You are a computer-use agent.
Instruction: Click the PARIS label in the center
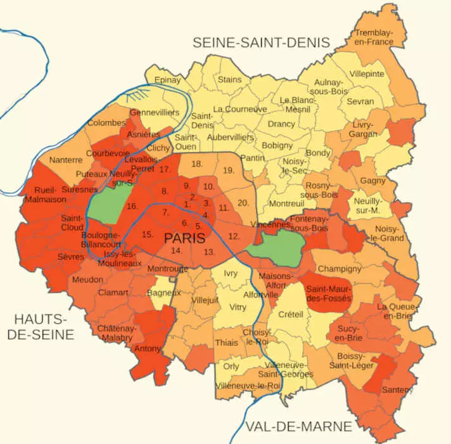184,238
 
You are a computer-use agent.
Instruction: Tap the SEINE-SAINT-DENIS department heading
262,42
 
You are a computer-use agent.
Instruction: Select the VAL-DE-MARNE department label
298,425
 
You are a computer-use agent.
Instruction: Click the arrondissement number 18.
197,164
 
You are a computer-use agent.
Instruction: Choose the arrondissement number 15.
148,235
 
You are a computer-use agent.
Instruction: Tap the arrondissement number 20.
243,203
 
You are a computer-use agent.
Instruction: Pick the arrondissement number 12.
233,236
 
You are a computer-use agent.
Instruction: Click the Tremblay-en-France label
374,37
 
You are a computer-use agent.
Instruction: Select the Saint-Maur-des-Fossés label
328,293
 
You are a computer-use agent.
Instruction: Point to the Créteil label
291,314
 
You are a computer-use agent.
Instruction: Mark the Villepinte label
367,74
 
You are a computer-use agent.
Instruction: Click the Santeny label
397,389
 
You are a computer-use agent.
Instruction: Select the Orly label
232,367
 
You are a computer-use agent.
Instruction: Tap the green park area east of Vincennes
277,244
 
